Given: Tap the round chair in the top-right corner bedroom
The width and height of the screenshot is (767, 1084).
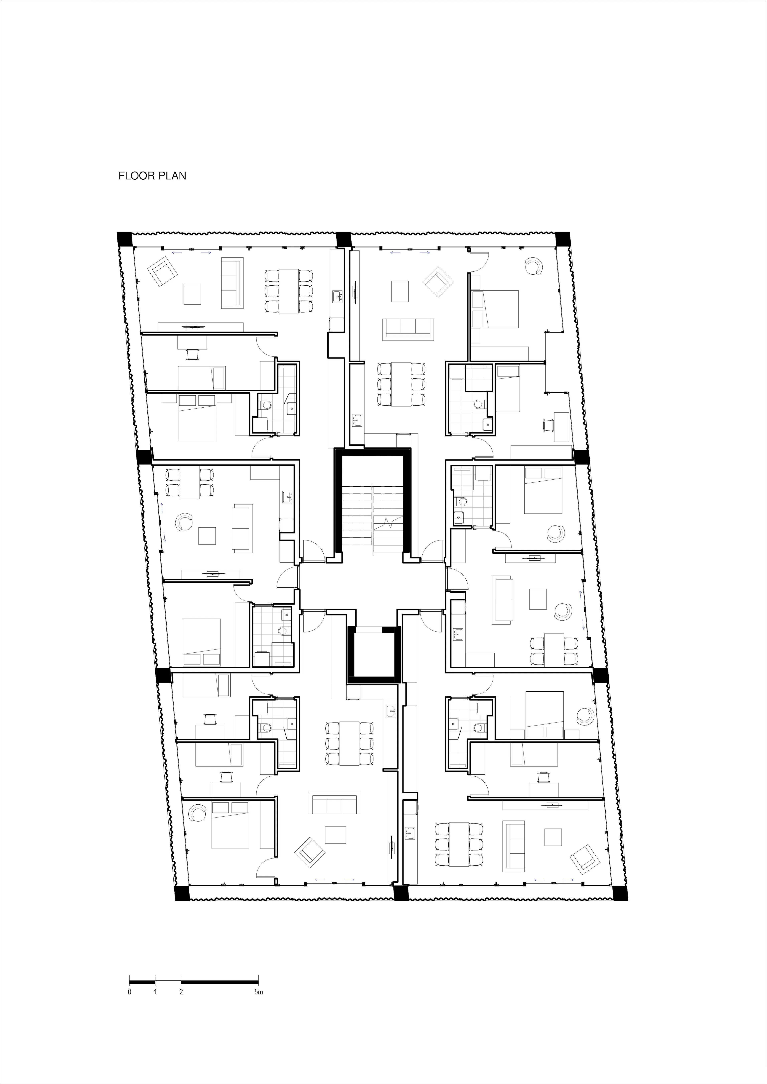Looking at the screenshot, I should coord(536,266).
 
